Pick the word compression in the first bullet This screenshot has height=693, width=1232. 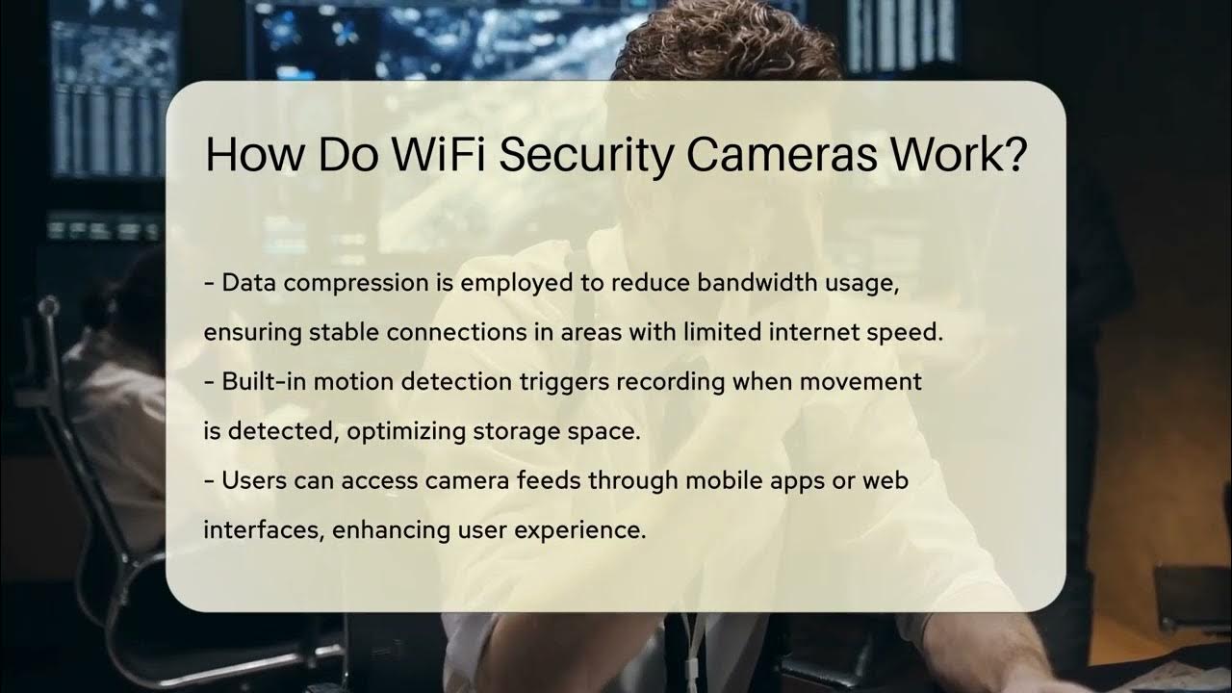point(372,284)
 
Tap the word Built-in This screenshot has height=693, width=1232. point(257,382)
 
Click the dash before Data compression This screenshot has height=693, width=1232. point(209,284)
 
